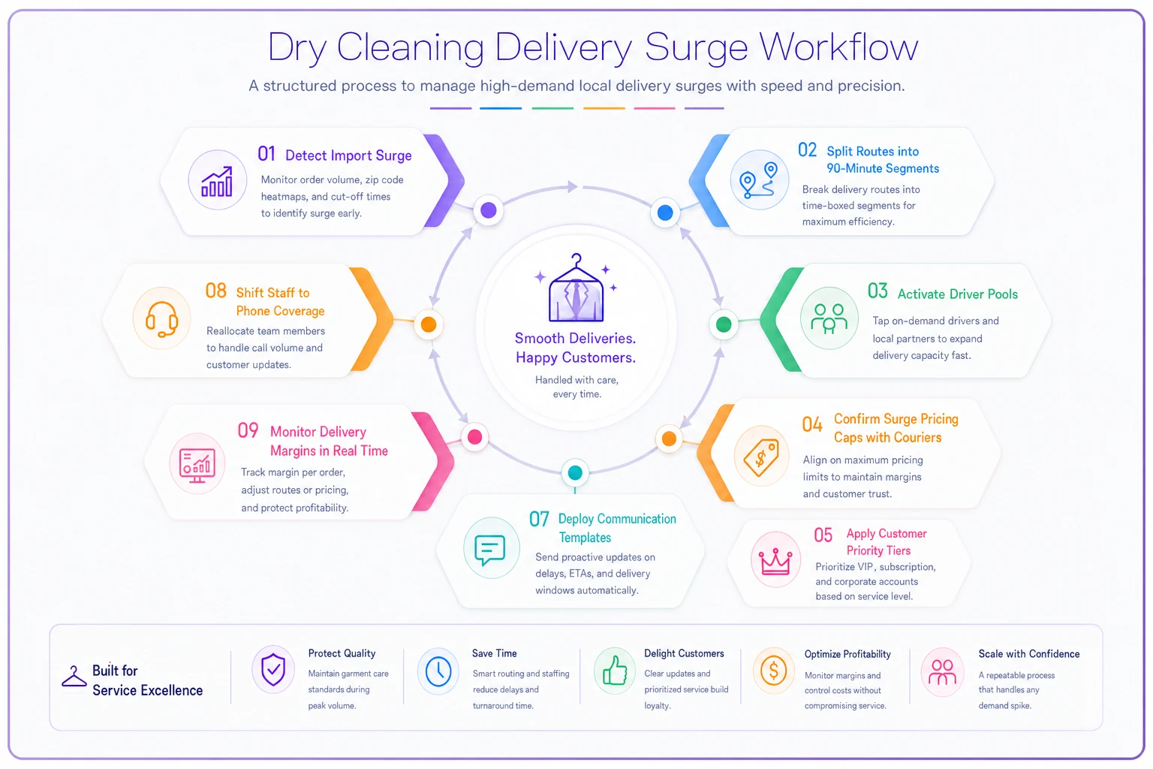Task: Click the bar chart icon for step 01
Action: tap(217, 182)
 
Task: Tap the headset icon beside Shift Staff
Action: tap(161, 319)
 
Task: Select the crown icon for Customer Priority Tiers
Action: tap(775, 561)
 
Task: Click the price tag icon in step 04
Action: tap(761, 457)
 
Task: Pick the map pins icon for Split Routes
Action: tap(759, 180)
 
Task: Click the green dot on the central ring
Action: tap(723, 324)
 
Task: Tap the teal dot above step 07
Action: tap(575, 472)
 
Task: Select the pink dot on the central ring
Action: tap(474, 437)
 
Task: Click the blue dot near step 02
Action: tap(665, 213)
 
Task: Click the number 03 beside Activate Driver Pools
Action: tap(878, 291)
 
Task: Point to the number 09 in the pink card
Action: tap(248, 430)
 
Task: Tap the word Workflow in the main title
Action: tap(838, 47)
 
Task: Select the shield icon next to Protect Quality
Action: tap(272, 670)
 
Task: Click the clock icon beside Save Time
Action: tap(438, 671)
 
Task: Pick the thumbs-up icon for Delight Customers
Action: tap(615, 670)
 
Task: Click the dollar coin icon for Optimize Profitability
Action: tap(773, 671)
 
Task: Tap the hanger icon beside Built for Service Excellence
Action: tap(74, 677)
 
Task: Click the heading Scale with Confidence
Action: tap(1029, 653)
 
